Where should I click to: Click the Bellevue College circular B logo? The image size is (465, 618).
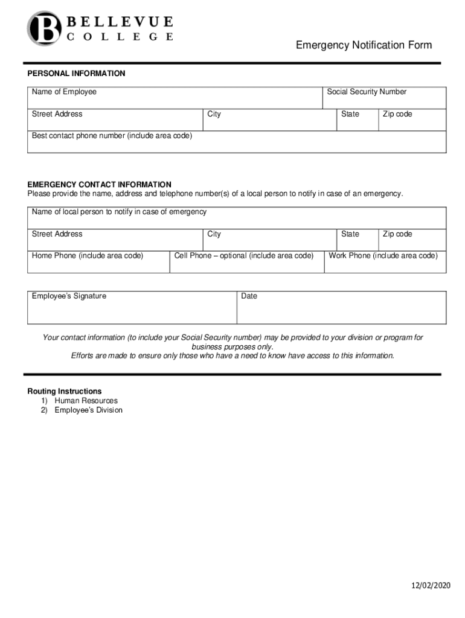pos(43,28)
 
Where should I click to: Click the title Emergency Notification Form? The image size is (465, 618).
pos(364,45)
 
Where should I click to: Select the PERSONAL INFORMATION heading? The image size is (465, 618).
pos(76,74)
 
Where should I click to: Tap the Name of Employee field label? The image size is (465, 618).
pos(64,92)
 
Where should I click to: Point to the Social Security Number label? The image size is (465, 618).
pos(367,92)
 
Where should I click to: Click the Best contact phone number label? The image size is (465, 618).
pos(112,136)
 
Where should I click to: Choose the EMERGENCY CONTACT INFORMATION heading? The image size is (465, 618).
pos(99,185)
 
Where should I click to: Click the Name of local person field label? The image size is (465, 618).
pos(119,212)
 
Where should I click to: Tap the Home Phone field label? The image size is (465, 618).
pos(88,256)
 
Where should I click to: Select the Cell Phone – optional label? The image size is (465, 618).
pos(244,256)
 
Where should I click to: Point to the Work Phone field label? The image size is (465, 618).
pos(383,256)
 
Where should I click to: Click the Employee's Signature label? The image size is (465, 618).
pos(69,296)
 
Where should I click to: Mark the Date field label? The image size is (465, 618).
pos(249,296)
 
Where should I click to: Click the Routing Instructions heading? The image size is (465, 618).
pos(65,392)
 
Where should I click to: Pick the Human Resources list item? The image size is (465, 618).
pos(86,401)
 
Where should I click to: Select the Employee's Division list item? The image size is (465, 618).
pos(88,410)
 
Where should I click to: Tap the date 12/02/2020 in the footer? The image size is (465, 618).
pos(431,586)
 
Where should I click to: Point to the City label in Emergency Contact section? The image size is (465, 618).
pos(214,234)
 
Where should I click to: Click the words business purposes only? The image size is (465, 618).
pos(232,347)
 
